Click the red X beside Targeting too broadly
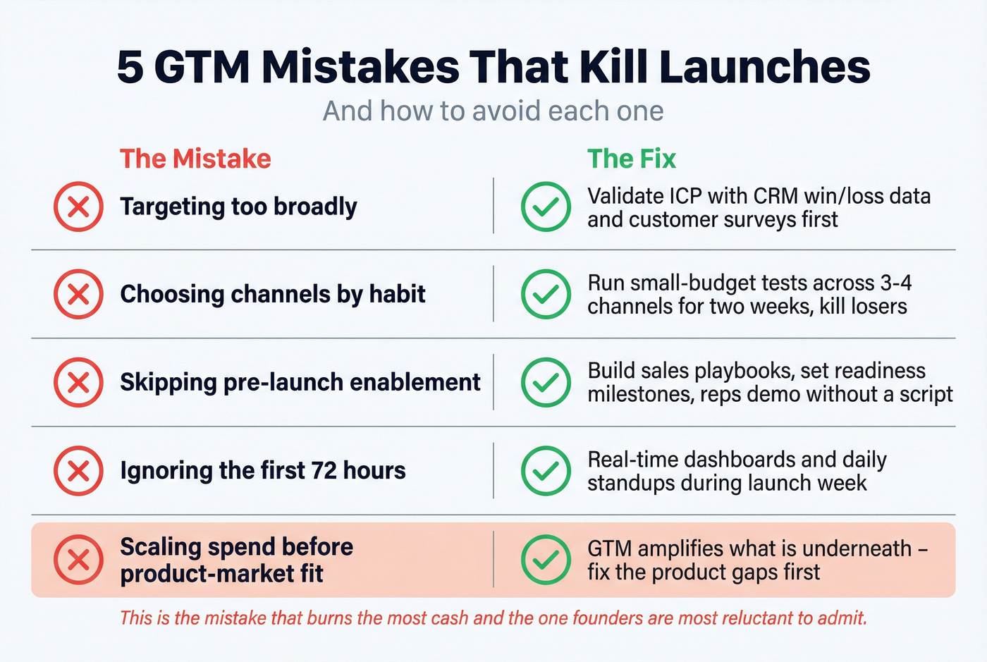78,207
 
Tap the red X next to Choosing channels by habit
78,294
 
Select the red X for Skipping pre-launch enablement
78,382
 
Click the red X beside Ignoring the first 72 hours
78,470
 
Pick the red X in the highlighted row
78,560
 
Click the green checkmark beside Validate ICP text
546,207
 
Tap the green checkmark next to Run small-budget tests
546,294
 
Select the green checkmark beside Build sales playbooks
546,382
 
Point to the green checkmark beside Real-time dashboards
546,470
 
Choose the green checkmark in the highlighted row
546,560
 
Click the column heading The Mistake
195,159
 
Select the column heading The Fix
632,159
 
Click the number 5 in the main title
130,68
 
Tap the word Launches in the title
764,68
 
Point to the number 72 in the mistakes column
324,470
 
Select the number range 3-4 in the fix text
896,283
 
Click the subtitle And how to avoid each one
493,111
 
